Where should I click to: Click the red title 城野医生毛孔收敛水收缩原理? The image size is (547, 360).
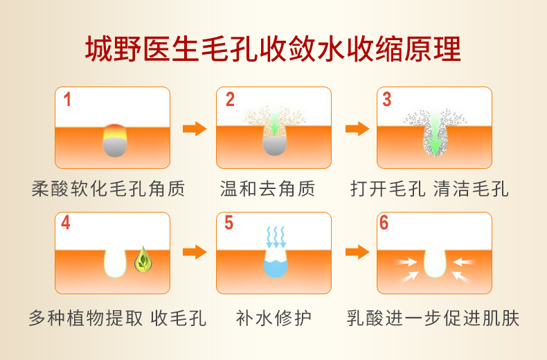tap(273, 49)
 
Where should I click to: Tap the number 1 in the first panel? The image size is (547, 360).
tap(67, 100)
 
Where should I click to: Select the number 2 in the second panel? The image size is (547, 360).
tap(230, 100)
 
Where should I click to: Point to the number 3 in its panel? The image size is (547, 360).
tap(386, 100)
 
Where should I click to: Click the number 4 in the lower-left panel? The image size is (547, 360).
tap(66, 222)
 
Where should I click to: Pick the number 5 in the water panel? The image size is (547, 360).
tap(229, 222)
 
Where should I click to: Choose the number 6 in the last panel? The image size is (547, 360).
tap(384, 222)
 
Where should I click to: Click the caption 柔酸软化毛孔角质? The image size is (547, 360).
tap(108, 189)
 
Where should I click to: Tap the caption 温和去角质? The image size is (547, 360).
tap(267, 189)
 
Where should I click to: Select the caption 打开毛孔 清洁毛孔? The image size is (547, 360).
tap(429, 189)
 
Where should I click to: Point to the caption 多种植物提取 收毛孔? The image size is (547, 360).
tap(118, 318)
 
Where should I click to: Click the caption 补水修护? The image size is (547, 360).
tap(273, 318)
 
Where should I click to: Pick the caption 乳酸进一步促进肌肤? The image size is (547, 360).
tap(433, 318)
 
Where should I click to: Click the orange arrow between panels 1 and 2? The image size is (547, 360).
tap(195, 129)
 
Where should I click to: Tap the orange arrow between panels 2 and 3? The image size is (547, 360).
tap(357, 129)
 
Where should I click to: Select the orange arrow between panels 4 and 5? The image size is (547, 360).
tap(195, 252)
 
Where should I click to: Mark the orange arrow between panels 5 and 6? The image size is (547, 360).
tap(357, 252)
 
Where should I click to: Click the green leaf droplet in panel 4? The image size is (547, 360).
tap(143, 260)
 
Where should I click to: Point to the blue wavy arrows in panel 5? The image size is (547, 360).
tap(276, 237)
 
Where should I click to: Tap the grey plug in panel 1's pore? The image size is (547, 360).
tap(115, 147)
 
